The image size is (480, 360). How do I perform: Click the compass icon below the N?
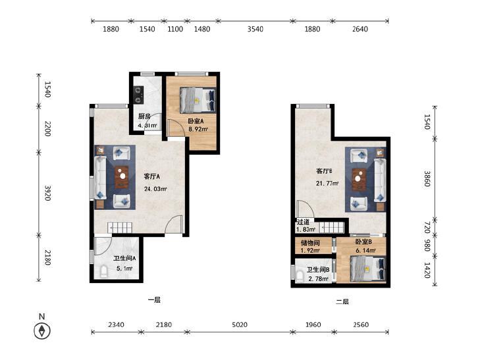point(42,331)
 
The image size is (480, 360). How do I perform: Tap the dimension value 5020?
point(240,324)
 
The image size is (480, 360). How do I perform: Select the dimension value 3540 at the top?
point(255,29)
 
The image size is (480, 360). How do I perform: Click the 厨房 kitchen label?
point(144,116)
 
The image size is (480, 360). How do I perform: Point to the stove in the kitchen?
point(139,94)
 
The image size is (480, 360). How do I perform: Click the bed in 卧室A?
point(198,100)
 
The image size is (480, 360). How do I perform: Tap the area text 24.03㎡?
point(155,189)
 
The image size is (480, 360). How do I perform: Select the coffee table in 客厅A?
point(122,177)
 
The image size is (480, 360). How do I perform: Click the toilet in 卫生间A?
point(104,272)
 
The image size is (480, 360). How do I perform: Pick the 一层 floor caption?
point(154,300)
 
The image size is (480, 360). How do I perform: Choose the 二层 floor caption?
point(342,301)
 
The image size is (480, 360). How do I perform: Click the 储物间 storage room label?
point(310,243)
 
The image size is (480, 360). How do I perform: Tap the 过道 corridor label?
point(303,222)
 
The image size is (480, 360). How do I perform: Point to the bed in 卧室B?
point(367,269)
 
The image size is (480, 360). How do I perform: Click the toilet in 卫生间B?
point(300,277)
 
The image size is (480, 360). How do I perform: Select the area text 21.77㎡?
point(327,184)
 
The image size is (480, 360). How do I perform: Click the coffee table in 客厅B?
point(359,180)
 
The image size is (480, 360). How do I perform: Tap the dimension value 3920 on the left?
point(47,193)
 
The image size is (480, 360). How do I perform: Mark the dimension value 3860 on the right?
point(427,178)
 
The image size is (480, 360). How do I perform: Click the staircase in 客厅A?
point(120,228)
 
